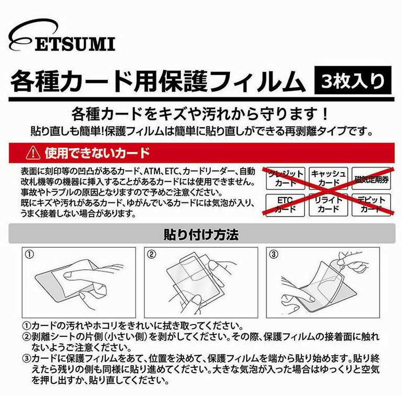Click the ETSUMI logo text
click(75, 44)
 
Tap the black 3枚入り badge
click(353, 80)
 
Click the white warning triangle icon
click(33, 152)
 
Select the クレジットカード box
click(285, 178)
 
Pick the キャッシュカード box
click(328, 178)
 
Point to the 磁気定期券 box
click(371, 178)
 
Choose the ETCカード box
click(285, 205)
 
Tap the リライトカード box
click(328, 205)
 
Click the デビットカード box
click(371, 205)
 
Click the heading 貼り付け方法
click(201, 234)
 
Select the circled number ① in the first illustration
click(30, 255)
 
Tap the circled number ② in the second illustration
click(152, 255)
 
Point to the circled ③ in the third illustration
click(274, 255)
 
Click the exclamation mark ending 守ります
click(325, 114)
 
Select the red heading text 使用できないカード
click(97, 153)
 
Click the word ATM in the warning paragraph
click(152, 171)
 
